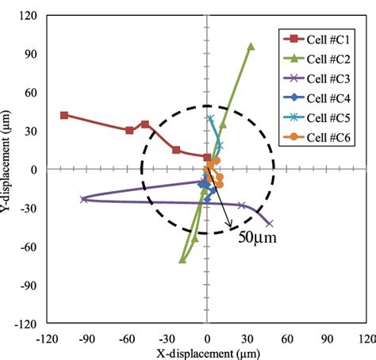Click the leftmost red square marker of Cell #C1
pos(64,115)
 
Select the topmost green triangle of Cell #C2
pos(251,47)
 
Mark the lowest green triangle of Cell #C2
pos(182,259)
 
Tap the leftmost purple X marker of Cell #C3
pos(84,199)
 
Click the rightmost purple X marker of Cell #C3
pos(269,224)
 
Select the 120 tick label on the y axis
pos(29,16)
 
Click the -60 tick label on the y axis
pos(29,247)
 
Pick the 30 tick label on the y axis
pos(33,131)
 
